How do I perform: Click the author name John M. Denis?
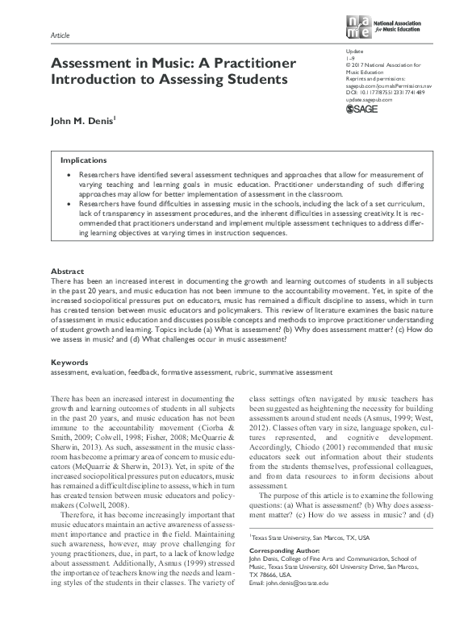pyautogui.click(x=83, y=122)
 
